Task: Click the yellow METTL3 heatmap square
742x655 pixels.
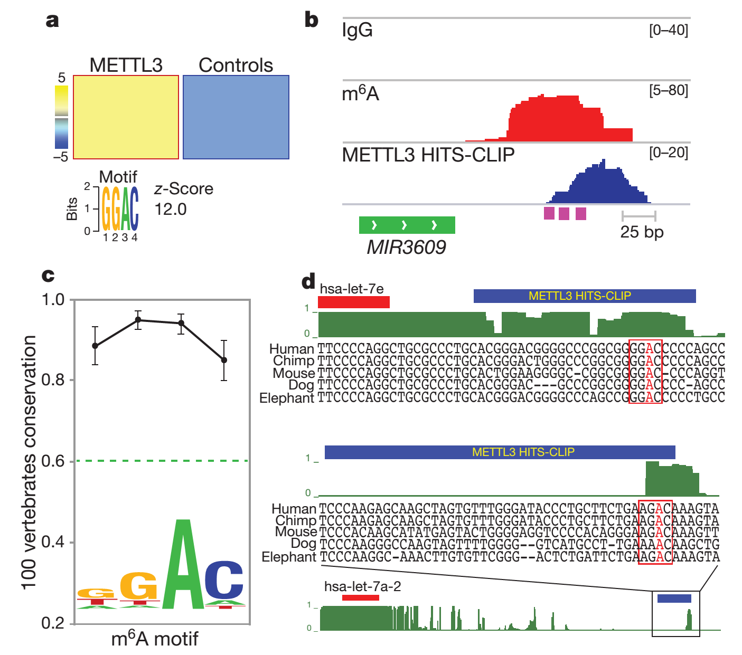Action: tap(126, 117)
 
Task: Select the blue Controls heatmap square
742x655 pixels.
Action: tap(236, 117)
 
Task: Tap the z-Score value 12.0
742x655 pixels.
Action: tap(171, 209)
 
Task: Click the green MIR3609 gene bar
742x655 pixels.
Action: tap(407, 225)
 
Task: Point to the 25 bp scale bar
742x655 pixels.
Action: tap(639, 215)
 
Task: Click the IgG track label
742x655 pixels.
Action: tap(358, 30)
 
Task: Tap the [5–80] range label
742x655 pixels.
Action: tap(669, 90)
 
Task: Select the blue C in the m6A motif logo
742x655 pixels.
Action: tap(224, 581)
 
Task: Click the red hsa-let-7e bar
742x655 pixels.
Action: tap(353, 302)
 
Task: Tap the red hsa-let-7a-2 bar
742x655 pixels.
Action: tap(361, 597)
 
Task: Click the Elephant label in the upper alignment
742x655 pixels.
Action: tap(287, 398)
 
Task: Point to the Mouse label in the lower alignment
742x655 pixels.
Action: tap(296, 532)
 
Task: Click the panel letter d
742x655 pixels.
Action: tap(308, 281)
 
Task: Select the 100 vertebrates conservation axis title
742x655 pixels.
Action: tap(29, 462)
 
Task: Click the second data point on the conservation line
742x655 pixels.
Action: tap(138, 319)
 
